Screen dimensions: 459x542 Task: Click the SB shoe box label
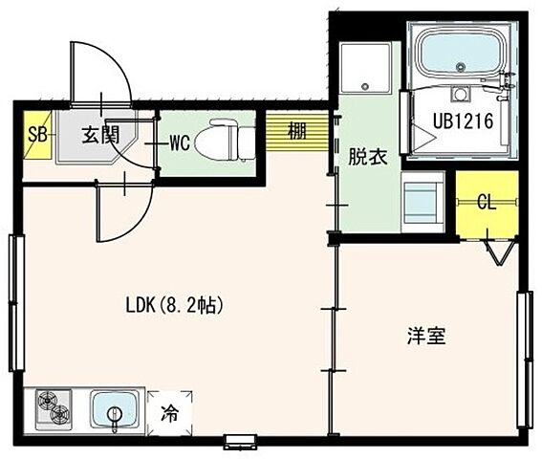coord(37,134)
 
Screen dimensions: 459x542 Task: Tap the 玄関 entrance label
coord(98,134)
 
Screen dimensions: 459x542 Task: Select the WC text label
coord(181,143)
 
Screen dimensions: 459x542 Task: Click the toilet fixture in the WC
coord(229,140)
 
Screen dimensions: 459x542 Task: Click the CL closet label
coord(487,202)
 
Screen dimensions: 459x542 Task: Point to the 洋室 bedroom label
coord(426,337)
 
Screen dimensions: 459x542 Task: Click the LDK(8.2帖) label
coord(175,307)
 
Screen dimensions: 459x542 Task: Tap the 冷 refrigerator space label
coord(169,414)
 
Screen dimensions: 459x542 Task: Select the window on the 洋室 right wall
coord(523,359)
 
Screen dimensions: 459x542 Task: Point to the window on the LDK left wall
coord(13,301)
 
